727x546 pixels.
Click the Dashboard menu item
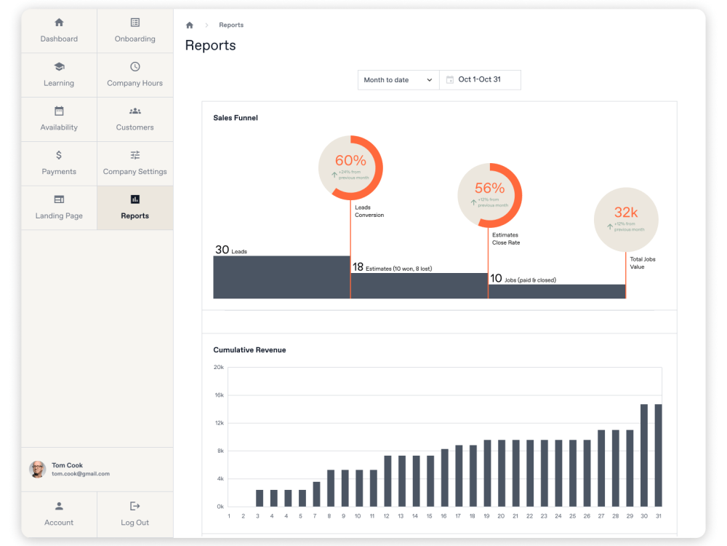pos(59,31)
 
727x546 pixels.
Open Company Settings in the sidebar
pos(134,163)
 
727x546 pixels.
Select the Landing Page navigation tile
pos(59,207)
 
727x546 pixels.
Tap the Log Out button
pos(134,514)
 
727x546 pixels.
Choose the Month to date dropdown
pos(398,80)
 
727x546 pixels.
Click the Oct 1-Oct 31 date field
pos(480,80)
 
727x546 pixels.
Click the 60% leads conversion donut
pos(350,167)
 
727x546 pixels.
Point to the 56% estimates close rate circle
pos(489,195)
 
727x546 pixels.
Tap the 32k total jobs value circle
pos(626,220)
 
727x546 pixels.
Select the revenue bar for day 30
pos(644,455)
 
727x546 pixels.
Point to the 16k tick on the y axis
pos(219,395)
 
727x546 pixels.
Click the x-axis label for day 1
pos(229,516)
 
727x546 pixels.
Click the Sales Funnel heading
pos(236,118)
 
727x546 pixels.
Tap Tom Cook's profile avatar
pos(37,470)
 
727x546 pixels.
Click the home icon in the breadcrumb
pos(190,25)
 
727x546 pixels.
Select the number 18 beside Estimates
pos(358,267)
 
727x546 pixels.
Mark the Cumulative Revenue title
pos(249,350)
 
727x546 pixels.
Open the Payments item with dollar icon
pos(59,163)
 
